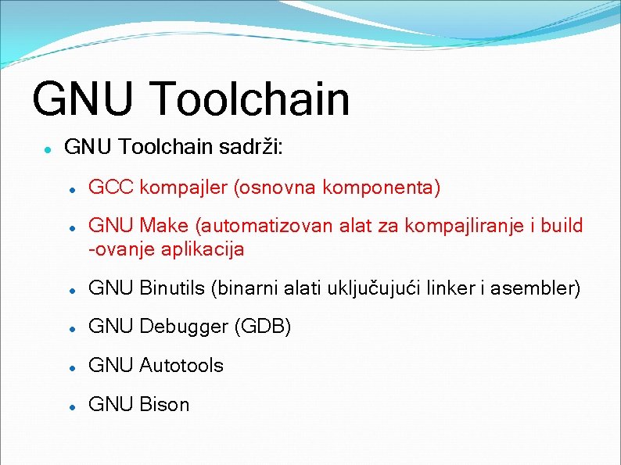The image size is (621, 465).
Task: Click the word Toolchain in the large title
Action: pyautogui.click(x=250, y=99)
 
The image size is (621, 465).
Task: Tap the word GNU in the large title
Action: pyautogui.click(x=86, y=99)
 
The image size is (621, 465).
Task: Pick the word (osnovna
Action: pyautogui.click(x=274, y=188)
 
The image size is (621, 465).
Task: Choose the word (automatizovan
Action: pyautogui.click(x=265, y=227)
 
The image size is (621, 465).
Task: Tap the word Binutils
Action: pyautogui.click(x=172, y=288)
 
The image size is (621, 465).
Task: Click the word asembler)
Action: pyautogui.click(x=538, y=288)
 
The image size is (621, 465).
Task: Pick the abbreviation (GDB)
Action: pyautogui.click(x=262, y=327)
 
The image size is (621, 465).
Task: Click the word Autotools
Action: pyautogui.click(x=181, y=365)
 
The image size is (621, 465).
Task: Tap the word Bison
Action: pyautogui.click(x=164, y=404)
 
